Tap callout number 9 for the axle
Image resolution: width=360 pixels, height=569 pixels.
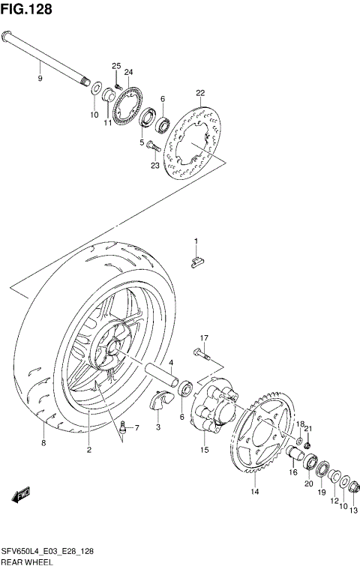[x=40, y=76]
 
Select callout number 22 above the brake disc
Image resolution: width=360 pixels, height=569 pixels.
[x=199, y=93]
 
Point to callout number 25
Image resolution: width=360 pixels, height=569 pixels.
[x=116, y=66]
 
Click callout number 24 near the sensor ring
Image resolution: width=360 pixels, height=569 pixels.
[x=128, y=72]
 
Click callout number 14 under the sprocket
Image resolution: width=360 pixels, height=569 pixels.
[x=254, y=492]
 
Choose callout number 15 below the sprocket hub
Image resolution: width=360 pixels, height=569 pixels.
[x=203, y=450]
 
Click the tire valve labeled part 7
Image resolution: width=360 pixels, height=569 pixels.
[x=124, y=430]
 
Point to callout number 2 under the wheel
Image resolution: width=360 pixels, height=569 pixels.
[x=88, y=450]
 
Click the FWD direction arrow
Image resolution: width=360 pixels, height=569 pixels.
[x=21, y=494]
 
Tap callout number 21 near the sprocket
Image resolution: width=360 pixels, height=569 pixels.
[x=307, y=428]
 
